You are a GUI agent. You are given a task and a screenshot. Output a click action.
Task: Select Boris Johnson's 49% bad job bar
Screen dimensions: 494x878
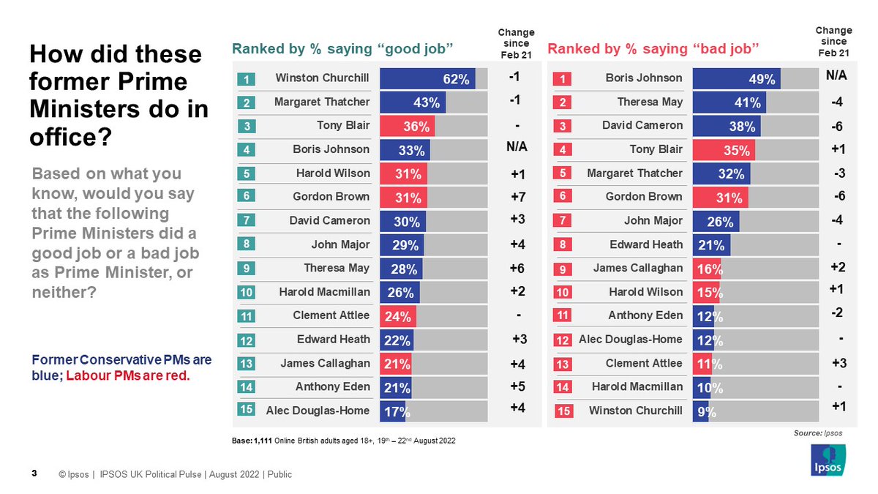point(736,78)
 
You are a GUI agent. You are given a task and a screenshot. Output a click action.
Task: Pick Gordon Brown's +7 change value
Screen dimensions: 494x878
point(518,197)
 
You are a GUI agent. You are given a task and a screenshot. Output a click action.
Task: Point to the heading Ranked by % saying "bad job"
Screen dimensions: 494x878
point(653,49)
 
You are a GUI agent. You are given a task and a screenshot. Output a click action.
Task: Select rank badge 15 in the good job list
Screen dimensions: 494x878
point(247,411)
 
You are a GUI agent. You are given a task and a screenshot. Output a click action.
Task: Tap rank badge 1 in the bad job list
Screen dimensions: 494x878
point(563,78)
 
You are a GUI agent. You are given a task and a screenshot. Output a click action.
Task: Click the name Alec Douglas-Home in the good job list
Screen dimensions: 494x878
point(318,411)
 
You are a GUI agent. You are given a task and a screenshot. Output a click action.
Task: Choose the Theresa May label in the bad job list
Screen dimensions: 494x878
point(650,102)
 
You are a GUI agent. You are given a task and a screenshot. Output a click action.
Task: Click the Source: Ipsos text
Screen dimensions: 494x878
point(817,433)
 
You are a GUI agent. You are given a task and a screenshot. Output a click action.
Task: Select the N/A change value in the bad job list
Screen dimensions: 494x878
point(836,75)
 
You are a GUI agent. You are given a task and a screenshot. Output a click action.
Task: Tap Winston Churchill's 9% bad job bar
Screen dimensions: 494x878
point(701,412)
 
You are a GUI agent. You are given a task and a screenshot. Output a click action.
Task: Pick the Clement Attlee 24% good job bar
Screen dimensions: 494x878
point(398,317)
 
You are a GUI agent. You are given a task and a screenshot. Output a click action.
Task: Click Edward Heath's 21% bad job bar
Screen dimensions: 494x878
point(710,245)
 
